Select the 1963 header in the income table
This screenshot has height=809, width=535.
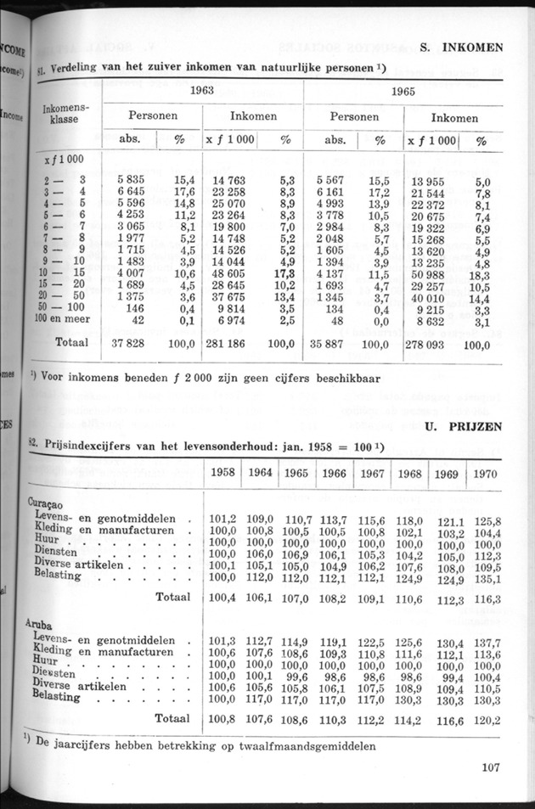click(x=201, y=90)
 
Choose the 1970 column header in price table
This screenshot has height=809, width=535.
click(x=485, y=473)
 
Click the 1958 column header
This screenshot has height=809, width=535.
click(x=222, y=472)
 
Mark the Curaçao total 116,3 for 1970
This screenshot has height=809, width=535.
click(x=487, y=599)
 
